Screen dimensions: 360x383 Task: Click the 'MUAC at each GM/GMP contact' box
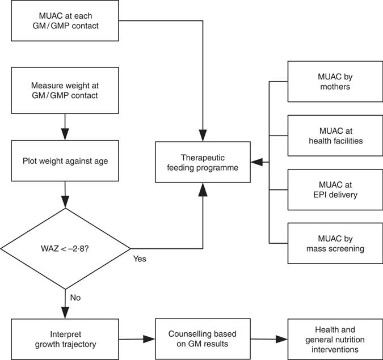tap(65, 22)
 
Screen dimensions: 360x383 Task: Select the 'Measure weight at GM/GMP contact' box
tap(65, 91)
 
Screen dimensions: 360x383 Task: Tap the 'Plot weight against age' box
tap(65, 161)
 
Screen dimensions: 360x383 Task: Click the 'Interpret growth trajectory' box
tap(65, 339)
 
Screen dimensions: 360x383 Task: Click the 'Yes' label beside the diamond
tap(140, 259)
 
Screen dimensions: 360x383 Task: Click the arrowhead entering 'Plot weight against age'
tap(65, 136)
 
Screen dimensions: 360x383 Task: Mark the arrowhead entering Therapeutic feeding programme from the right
tap(256, 162)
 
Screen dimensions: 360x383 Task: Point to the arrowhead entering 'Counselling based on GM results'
tap(150, 339)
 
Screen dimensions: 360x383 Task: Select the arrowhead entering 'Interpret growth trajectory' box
tap(65, 314)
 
